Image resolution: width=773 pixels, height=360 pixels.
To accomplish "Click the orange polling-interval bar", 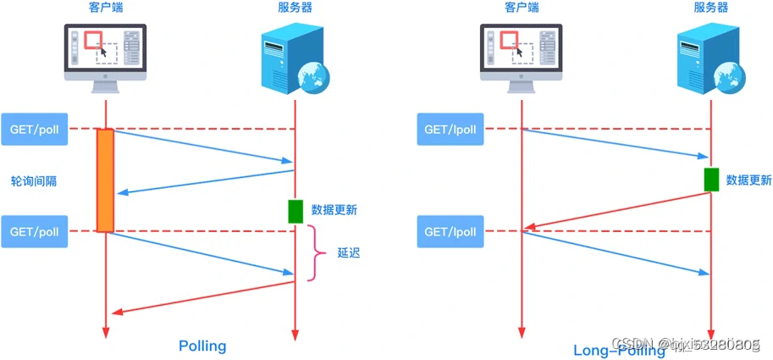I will (x=105, y=180).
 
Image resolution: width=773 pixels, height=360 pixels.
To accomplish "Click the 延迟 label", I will (x=349, y=252).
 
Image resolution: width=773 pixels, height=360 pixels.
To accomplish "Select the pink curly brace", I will (x=318, y=252).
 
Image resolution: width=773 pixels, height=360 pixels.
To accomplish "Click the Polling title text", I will (x=202, y=346).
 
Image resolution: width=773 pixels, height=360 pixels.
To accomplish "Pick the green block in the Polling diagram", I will (x=295, y=211).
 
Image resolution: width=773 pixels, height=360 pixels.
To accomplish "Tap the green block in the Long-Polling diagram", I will (x=711, y=180).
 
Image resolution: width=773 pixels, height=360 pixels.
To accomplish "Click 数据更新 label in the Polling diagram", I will (x=334, y=210).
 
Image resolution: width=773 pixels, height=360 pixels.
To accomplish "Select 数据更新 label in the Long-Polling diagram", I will (x=749, y=180).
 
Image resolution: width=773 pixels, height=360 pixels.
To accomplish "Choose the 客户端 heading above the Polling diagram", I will (x=107, y=8).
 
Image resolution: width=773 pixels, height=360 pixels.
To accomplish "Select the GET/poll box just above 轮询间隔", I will (x=34, y=129).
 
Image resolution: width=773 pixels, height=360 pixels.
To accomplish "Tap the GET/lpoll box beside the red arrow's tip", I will (x=450, y=231).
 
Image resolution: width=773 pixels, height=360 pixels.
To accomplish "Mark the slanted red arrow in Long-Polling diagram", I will (x=616, y=211).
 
